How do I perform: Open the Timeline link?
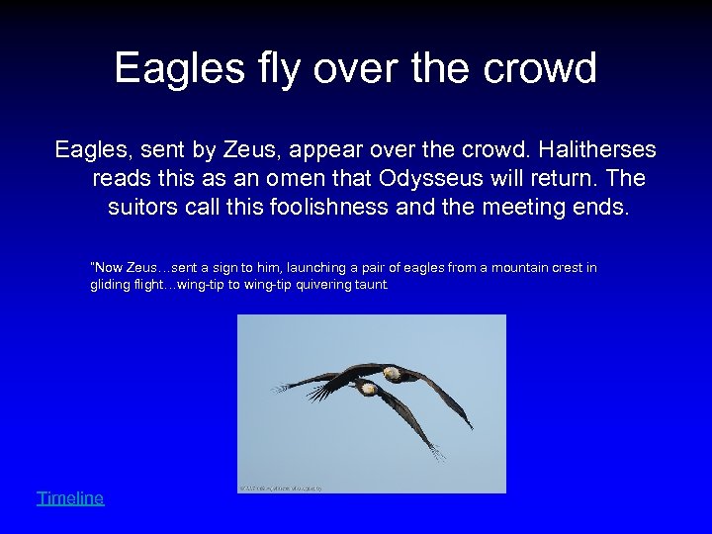[x=70, y=498]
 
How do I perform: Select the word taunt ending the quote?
[x=374, y=285]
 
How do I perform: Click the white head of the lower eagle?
[x=368, y=389]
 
